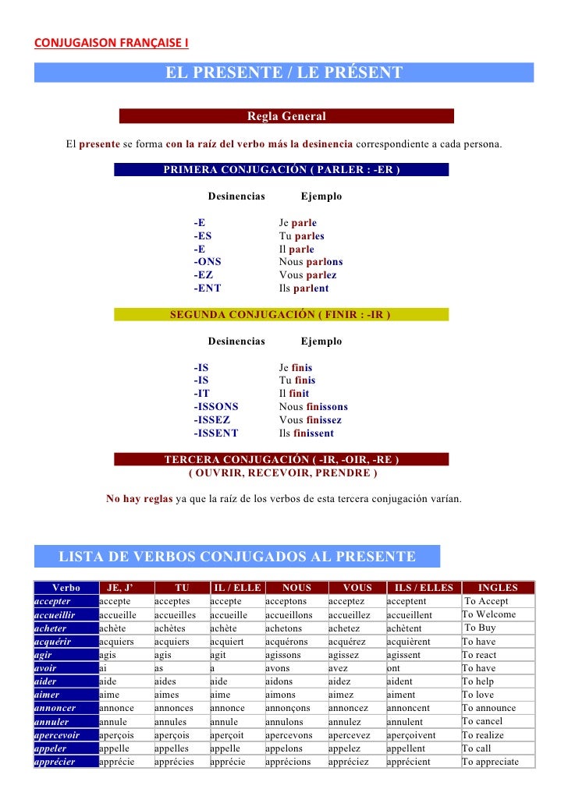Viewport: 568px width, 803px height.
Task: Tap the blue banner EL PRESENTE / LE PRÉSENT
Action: [283, 73]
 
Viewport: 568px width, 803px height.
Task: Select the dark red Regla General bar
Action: [286, 117]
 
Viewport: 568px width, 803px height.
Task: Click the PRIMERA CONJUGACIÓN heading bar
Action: [281, 169]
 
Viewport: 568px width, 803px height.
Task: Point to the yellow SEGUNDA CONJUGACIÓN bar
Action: [281, 315]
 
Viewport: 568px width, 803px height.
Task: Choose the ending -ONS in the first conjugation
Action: [208, 262]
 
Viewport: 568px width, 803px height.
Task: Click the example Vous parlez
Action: [308, 275]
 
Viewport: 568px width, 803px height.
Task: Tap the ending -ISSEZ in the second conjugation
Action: [212, 420]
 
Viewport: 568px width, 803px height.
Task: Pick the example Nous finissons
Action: [314, 407]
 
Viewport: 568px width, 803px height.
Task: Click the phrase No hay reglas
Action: [139, 498]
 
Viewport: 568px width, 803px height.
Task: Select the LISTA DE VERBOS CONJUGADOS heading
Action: [237, 557]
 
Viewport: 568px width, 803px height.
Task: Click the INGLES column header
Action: [497, 588]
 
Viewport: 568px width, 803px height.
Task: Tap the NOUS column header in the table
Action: [296, 588]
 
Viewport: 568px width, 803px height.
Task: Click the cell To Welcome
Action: [489, 614]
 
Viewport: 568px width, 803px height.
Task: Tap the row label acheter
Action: [51, 628]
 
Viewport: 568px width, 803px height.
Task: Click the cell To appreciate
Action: [491, 762]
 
